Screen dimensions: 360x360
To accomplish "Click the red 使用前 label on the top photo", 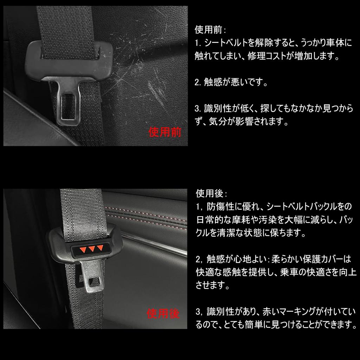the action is (165, 132).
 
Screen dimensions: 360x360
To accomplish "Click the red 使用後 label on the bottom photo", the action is (163, 313).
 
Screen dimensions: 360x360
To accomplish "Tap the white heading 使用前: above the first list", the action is (210, 30).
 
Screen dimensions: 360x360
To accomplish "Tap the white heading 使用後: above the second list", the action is (211, 194).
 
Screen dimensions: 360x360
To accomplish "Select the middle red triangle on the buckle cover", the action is (92, 249).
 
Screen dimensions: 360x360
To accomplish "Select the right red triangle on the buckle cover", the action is (100, 247).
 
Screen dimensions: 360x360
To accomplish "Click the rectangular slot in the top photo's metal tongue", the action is (69, 106).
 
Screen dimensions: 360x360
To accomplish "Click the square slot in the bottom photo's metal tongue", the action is (94, 282).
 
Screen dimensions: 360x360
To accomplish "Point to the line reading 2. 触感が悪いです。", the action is (231, 82).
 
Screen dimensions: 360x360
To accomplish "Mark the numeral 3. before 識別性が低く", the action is (198, 109).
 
